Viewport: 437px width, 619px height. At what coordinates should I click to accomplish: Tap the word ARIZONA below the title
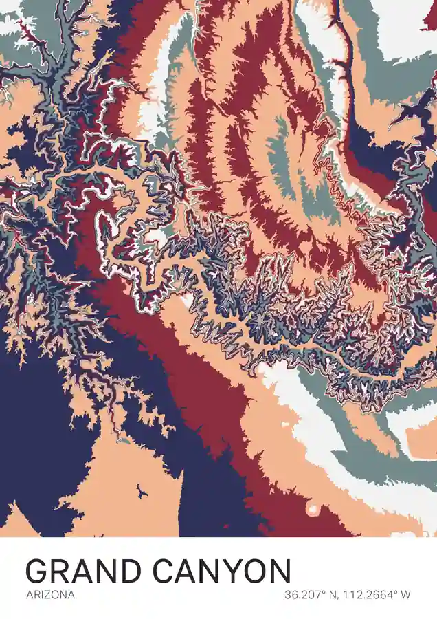click(50, 595)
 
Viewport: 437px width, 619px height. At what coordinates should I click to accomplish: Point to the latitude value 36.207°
click(303, 595)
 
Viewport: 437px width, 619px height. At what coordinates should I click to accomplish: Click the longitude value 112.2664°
click(371, 595)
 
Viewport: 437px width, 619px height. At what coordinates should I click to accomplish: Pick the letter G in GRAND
click(38, 572)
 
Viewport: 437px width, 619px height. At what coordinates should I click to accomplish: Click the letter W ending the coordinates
click(405, 595)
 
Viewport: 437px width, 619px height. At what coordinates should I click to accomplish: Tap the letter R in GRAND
click(62, 572)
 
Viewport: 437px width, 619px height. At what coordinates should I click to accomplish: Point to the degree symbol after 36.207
click(322, 591)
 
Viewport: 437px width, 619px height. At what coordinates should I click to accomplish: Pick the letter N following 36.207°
click(330, 595)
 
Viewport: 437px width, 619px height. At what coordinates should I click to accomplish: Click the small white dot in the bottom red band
click(313, 510)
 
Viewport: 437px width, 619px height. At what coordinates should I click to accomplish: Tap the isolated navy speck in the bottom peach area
click(142, 491)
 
